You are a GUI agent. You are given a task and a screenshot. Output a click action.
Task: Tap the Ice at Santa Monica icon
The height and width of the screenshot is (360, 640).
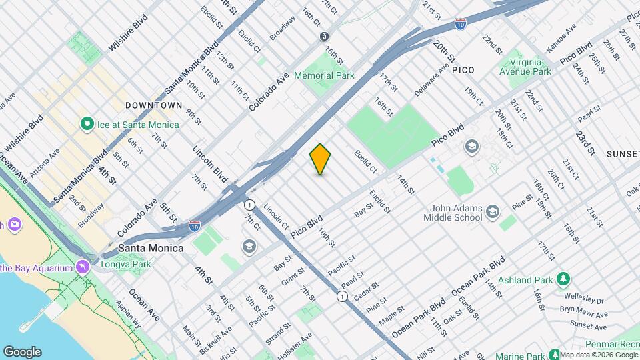click(86, 124)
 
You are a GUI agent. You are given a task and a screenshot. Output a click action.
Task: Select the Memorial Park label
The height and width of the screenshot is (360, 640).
click(324, 75)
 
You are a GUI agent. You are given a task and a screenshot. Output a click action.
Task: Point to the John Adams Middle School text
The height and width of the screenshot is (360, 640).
click(456, 213)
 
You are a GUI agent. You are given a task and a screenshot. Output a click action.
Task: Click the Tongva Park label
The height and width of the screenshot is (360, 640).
click(125, 264)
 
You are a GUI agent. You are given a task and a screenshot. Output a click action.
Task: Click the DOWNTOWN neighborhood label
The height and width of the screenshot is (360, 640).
click(154, 105)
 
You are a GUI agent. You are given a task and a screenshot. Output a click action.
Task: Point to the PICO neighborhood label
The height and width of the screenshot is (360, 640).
click(463, 69)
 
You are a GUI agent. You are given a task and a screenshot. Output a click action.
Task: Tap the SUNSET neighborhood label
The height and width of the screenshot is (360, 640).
click(623, 154)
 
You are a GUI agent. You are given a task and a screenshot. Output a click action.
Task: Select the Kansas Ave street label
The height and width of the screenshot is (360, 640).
click(561, 39)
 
